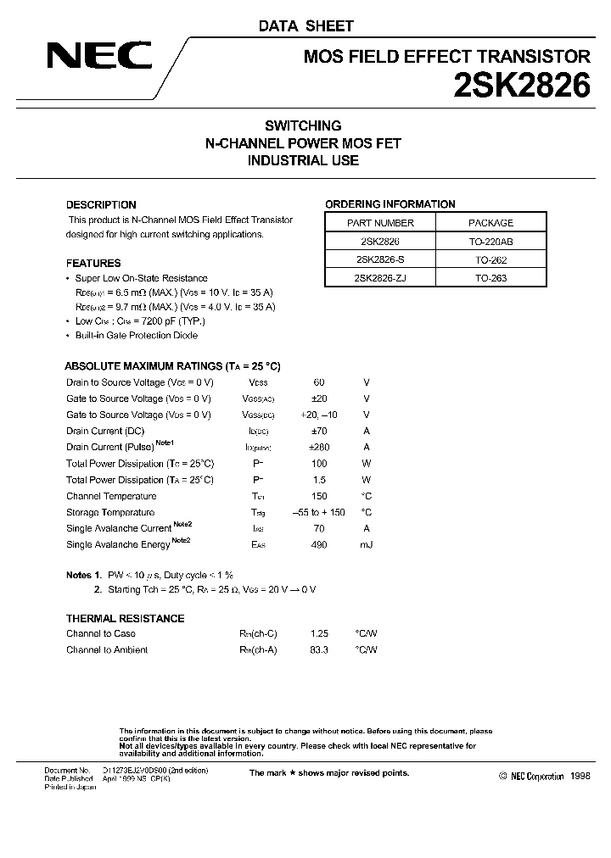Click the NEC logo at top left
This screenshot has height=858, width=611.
coord(99,56)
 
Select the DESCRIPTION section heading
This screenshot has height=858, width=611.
coord(101,204)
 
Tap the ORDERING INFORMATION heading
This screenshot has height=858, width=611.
coord(390,204)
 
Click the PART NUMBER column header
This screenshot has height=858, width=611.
coord(380,223)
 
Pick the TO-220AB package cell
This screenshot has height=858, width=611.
coord(491,242)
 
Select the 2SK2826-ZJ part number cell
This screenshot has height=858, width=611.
coord(380,278)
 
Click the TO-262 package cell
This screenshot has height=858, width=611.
coord(491,260)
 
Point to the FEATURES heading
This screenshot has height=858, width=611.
coord(93,264)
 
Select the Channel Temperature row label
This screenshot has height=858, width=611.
coord(111,496)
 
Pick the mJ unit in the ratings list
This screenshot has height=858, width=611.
coord(366,545)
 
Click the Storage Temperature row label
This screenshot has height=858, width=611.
coord(110,512)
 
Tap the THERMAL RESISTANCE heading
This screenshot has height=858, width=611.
coord(125,618)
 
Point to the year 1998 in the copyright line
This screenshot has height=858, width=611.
coord(580,776)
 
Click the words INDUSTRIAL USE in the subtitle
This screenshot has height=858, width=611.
coord(303,160)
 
